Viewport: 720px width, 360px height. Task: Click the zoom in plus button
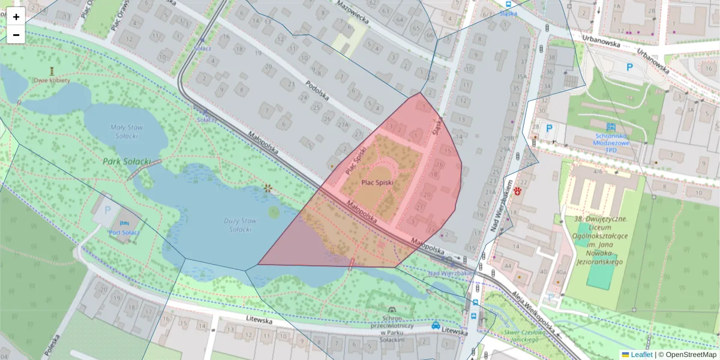pos(16,17)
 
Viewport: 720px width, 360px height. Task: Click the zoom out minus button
pos(16,35)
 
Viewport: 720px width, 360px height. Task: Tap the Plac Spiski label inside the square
pos(377,182)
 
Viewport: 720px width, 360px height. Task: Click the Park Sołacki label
pos(125,161)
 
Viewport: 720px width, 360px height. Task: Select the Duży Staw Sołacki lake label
pos(240,225)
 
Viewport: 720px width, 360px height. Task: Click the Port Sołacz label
pos(125,232)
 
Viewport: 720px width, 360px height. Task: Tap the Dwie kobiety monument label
pos(52,80)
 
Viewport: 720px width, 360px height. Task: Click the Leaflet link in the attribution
pos(641,355)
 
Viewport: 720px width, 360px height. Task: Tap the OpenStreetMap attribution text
pos(688,355)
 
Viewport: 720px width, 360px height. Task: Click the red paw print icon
pos(517,191)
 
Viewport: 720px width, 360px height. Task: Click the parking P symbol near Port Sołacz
pos(108,210)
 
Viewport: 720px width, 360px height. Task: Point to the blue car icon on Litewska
pos(435,326)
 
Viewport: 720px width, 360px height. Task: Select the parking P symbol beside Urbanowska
pos(630,68)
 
